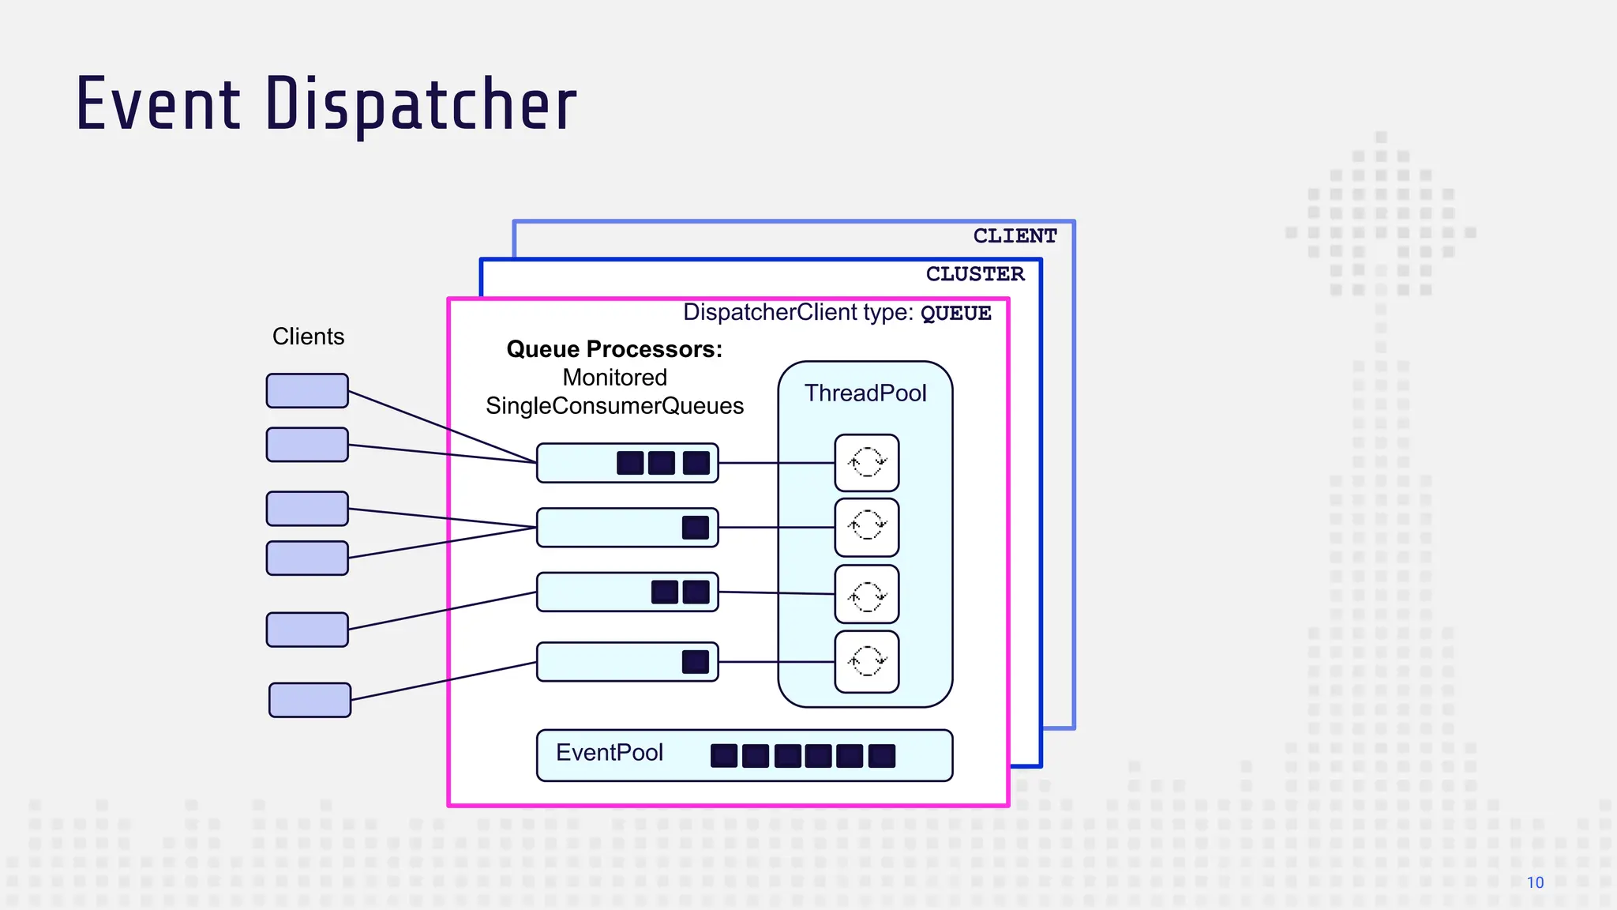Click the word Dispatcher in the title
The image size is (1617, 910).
[x=421, y=105]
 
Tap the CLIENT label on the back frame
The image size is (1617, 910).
[x=1015, y=236]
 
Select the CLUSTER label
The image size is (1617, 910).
[x=975, y=274]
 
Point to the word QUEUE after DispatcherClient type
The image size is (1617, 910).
[x=955, y=314]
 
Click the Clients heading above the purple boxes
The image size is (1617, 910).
[x=308, y=337]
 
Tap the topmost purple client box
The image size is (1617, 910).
[x=307, y=391]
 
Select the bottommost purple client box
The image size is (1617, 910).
[x=310, y=700]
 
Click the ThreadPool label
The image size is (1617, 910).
[x=865, y=393]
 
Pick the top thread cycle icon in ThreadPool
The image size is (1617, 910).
[x=867, y=462]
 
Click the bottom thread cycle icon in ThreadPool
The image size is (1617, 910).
[x=867, y=661]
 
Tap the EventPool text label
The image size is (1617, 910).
[x=609, y=753]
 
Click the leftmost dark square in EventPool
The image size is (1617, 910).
[x=723, y=756]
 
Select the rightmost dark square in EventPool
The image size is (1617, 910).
[x=881, y=756]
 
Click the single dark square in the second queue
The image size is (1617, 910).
[x=695, y=528]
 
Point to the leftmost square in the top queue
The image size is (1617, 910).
[x=629, y=463]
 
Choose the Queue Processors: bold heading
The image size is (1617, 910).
[x=614, y=349]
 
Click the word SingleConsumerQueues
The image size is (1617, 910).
[x=614, y=406]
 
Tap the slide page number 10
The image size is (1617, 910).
[x=1535, y=882]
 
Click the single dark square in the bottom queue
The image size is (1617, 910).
[x=695, y=662]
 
